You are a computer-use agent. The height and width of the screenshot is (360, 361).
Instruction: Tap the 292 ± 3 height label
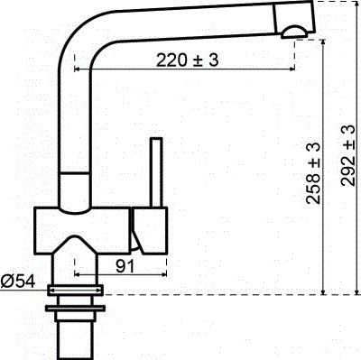click(x=347, y=156)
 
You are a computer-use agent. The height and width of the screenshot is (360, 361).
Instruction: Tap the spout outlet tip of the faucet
click(x=295, y=34)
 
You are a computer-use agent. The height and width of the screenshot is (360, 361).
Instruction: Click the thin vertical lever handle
click(x=155, y=171)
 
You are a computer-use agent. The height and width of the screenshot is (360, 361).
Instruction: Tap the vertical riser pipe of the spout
click(x=74, y=117)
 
